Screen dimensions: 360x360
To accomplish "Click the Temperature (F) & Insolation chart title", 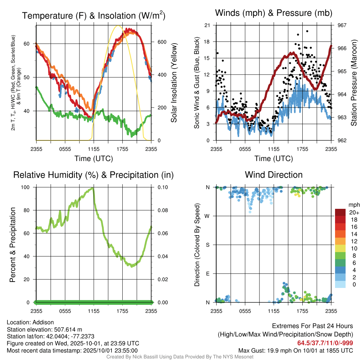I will coord(94,16).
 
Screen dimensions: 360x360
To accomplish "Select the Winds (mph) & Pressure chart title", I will coord(274,13).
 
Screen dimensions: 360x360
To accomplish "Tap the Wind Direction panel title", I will coord(274,175).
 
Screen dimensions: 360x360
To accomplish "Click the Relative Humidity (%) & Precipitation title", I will coord(94,175).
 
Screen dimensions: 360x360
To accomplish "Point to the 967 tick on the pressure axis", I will coord(342,25).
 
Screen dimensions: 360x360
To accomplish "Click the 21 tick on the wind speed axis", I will coord(207,25).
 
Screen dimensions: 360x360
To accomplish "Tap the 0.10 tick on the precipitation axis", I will coord(162,187).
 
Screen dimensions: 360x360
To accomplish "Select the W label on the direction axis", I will coord(208,216).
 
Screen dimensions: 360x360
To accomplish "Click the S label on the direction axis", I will coord(208,245).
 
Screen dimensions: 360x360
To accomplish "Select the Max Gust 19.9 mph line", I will coord(295,351).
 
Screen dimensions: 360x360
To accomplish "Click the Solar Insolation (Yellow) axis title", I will coord(174,83).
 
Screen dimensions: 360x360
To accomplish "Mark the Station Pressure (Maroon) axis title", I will coord(354,83).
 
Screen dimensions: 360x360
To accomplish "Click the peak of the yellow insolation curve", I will coord(118,26).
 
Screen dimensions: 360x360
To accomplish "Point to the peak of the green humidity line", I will coord(93,188).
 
